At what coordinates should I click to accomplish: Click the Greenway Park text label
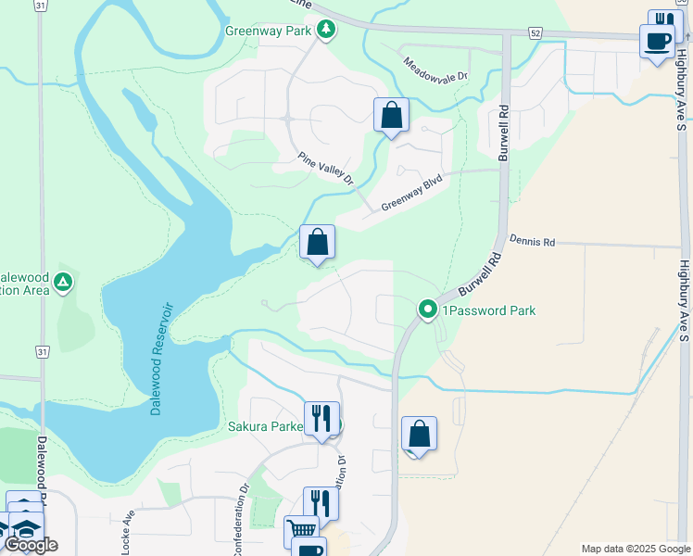269,30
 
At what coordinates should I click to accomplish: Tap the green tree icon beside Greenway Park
325,30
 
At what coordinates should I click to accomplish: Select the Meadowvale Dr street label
436,67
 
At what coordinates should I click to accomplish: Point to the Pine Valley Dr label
326,169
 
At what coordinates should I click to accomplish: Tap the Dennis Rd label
531,241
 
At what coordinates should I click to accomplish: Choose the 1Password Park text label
488,310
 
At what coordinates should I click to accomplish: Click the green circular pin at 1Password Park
427,310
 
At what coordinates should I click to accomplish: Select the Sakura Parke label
266,427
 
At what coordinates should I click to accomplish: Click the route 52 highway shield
535,32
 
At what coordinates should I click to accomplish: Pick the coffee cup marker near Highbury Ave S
657,42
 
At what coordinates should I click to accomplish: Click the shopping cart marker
300,531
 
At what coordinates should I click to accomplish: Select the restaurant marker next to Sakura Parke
321,417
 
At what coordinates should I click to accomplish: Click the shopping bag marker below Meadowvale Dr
391,115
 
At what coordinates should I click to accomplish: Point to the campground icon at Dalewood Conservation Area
63,282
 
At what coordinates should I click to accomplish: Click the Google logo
31,545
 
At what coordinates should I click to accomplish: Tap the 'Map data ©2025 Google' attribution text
635,549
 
